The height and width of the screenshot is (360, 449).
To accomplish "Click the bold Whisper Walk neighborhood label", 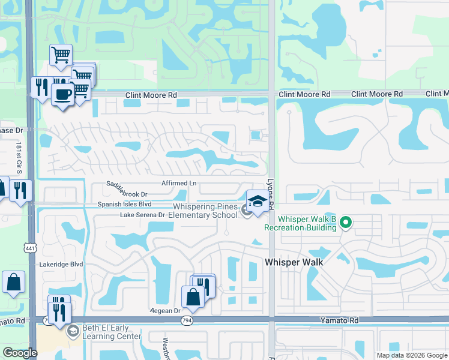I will click(x=294, y=262).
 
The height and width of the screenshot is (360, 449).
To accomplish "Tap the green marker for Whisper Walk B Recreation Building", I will click(x=345, y=223).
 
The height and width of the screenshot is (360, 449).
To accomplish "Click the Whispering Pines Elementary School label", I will click(x=204, y=211).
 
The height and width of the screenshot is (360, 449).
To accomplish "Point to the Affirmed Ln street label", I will click(x=179, y=184).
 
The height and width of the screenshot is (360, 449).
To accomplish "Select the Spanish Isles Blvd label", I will click(x=125, y=204).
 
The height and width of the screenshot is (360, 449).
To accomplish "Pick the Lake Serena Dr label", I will click(x=142, y=214).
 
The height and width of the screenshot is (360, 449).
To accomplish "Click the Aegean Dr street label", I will click(x=164, y=311).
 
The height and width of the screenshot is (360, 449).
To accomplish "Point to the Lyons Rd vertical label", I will click(x=271, y=197).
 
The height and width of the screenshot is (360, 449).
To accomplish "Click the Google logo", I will click(x=19, y=353).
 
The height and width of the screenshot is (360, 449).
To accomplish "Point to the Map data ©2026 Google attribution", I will click(x=411, y=355).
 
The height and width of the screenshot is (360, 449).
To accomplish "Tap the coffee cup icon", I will click(x=62, y=94).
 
